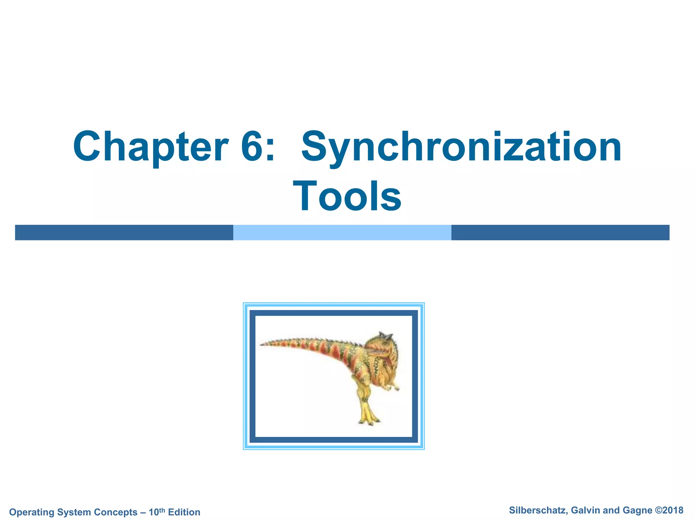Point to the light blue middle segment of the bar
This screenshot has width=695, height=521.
tap(342, 232)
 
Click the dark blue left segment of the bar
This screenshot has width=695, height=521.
tap(124, 232)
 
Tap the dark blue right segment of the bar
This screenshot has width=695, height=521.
tap(560, 232)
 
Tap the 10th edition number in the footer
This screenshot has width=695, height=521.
tap(156, 512)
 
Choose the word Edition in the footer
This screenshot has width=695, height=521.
tap(184, 512)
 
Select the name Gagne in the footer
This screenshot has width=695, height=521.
tap(638, 510)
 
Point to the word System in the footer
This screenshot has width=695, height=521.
tap(74, 512)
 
